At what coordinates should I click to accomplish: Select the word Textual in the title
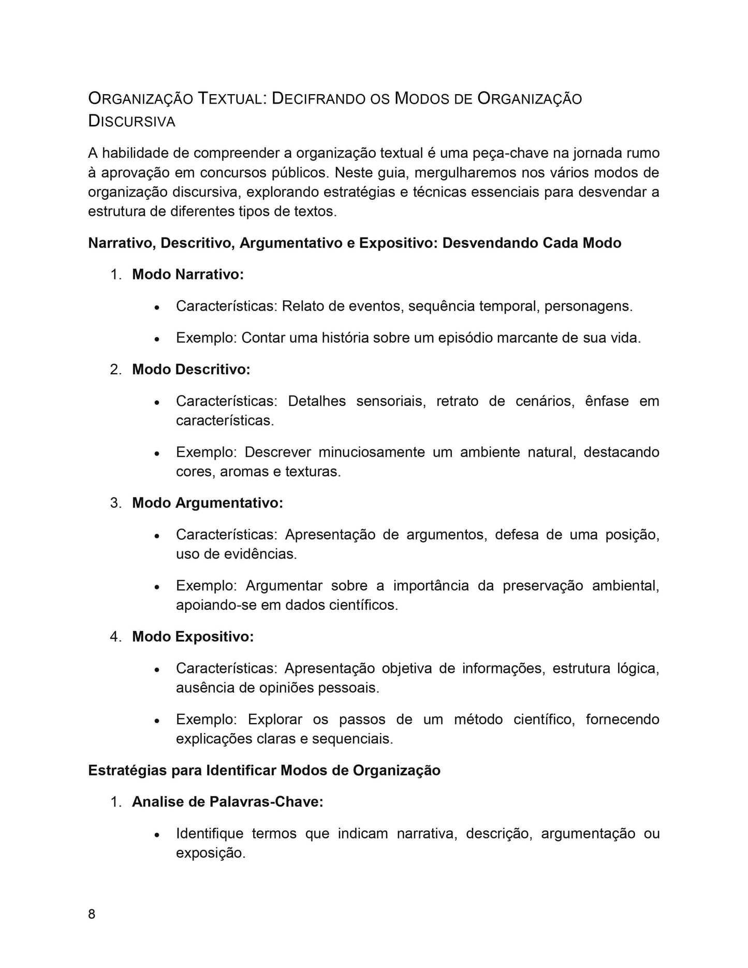pos(231,98)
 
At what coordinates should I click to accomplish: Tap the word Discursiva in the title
pos(131,121)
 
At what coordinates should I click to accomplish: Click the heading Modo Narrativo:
pos(188,274)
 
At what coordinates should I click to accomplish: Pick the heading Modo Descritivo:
pos(191,369)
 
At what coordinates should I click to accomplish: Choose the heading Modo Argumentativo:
pos(208,503)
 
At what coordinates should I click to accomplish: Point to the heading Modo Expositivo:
pos(193,636)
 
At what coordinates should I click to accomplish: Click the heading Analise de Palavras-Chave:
pos(228,801)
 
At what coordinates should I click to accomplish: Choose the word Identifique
pos(210,833)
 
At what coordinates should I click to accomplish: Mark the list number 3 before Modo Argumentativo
pos(115,503)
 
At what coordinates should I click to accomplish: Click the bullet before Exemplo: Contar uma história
pos(156,339)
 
